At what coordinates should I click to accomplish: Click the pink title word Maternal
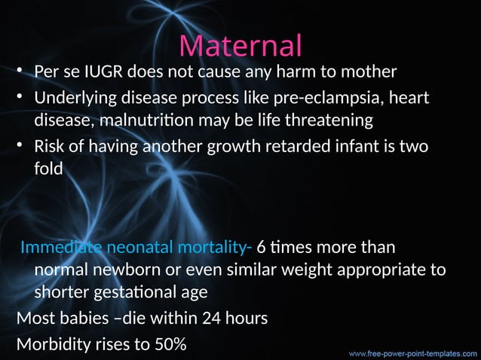click(x=240, y=45)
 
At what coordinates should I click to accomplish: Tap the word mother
click(x=369, y=73)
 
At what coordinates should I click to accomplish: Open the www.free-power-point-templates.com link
click(x=411, y=352)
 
